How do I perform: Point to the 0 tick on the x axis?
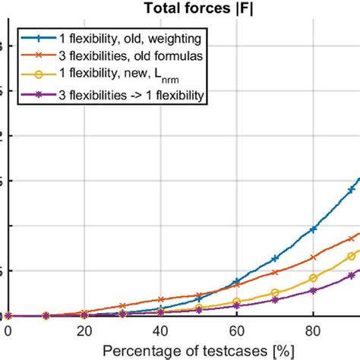pyautogui.click(x=8, y=331)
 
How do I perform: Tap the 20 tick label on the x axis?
pyautogui.click(x=84, y=331)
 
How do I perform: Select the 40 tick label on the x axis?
pyautogui.click(x=160, y=331)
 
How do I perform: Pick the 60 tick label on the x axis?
pyautogui.click(x=237, y=331)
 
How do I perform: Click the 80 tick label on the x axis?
pyautogui.click(x=313, y=331)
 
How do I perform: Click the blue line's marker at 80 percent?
pyautogui.click(x=313, y=229)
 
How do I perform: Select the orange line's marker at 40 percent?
pyautogui.click(x=160, y=299)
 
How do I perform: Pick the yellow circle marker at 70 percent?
pyautogui.click(x=275, y=292)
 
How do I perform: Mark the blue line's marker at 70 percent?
pyautogui.click(x=275, y=258)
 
